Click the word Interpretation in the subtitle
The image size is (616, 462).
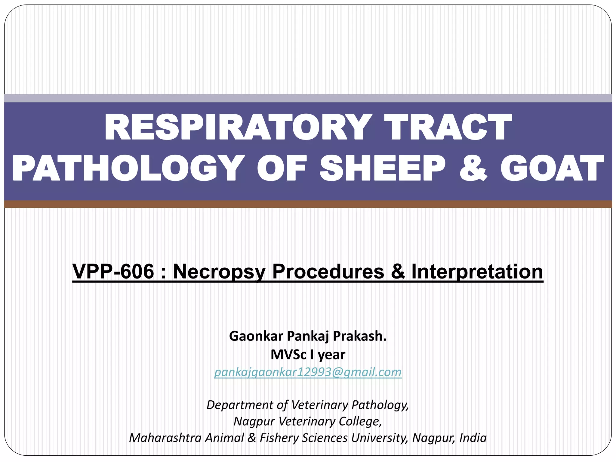coord(477,271)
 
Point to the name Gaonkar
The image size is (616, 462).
coord(256,336)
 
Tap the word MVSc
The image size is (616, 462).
coord(288,355)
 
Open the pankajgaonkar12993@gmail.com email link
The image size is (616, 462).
coord(308,372)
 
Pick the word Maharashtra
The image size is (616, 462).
coord(165,438)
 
